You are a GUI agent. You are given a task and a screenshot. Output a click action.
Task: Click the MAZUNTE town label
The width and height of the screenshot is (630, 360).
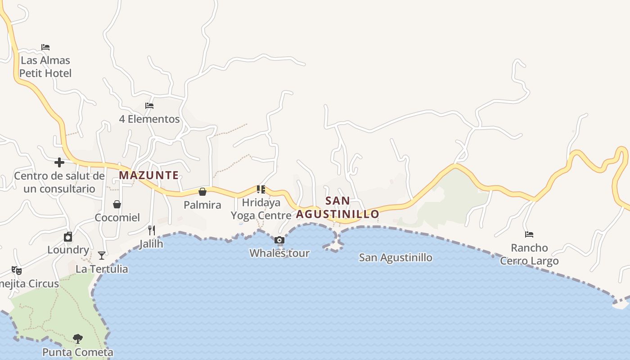(x=149, y=175)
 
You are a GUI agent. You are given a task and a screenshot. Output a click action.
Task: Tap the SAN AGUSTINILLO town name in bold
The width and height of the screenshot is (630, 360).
(x=337, y=207)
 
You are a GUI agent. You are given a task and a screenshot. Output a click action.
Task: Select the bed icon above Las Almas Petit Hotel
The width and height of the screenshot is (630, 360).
(x=45, y=47)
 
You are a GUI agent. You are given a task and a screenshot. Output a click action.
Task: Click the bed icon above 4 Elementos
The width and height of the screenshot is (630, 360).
(x=149, y=106)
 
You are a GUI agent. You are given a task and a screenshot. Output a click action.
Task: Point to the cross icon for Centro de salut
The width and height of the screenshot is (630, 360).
(x=59, y=162)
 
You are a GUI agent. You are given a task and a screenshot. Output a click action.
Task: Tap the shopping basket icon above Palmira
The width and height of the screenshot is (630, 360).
(x=202, y=192)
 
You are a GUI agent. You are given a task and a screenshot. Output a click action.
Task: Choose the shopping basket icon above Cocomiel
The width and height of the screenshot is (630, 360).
(x=117, y=204)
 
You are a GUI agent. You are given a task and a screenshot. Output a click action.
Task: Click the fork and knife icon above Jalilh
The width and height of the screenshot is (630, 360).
(x=152, y=230)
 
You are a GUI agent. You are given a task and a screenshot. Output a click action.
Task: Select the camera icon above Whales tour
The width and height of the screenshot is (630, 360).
(x=279, y=240)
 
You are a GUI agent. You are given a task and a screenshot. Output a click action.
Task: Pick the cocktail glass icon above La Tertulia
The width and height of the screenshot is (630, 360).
(x=102, y=256)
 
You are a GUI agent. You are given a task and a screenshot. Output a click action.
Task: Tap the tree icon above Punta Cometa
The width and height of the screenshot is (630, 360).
(x=78, y=338)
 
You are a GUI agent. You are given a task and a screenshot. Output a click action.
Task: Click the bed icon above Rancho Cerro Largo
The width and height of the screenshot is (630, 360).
(x=529, y=234)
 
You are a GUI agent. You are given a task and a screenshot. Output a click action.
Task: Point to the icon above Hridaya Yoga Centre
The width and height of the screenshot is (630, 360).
(x=261, y=189)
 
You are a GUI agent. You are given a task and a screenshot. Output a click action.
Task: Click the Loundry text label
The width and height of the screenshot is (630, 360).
(x=68, y=250)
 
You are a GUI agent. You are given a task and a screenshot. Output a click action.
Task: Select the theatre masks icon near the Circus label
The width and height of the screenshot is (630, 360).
(x=17, y=270)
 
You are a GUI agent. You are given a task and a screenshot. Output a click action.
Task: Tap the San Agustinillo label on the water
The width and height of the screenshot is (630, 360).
(x=396, y=258)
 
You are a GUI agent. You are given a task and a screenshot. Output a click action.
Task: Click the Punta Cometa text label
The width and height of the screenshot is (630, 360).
(x=78, y=352)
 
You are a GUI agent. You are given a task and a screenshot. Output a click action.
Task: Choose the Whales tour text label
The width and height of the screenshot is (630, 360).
(x=279, y=253)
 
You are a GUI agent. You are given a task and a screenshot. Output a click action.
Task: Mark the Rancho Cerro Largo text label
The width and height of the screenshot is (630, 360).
(x=529, y=254)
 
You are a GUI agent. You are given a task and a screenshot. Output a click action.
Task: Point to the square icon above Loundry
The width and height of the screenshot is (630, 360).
(x=68, y=237)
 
